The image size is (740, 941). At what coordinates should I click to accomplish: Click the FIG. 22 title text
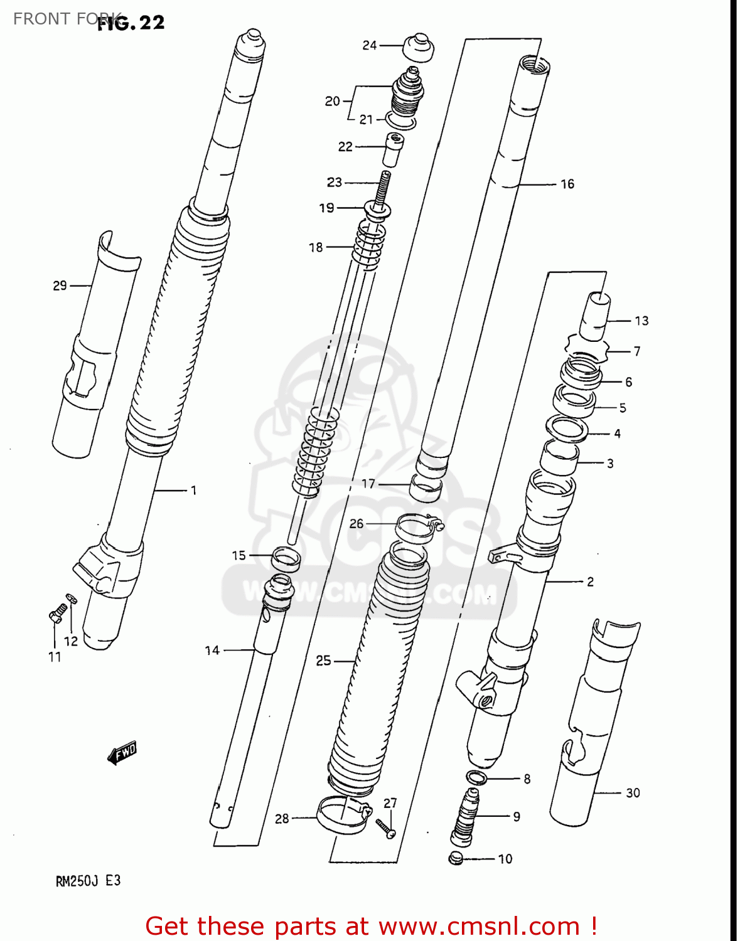pos(132,23)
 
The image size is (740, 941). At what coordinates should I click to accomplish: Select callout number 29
pos(60,286)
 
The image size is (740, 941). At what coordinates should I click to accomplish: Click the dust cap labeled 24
pos(417,48)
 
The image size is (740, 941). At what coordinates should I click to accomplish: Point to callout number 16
pos(567,184)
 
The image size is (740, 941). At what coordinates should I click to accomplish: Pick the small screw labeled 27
pos(385,828)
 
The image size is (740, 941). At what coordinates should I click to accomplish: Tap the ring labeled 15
pos(286,558)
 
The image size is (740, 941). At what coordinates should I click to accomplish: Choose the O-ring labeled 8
pos(477,778)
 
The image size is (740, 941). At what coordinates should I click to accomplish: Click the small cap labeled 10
pos(456,858)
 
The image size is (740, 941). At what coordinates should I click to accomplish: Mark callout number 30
pos(633,793)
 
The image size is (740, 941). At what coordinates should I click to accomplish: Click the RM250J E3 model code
pos(88,881)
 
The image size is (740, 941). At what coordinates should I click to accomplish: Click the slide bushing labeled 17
pos(425,487)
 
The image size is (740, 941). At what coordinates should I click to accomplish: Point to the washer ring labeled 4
pos(567,430)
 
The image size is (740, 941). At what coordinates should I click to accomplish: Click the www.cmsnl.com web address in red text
pos(479,926)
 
